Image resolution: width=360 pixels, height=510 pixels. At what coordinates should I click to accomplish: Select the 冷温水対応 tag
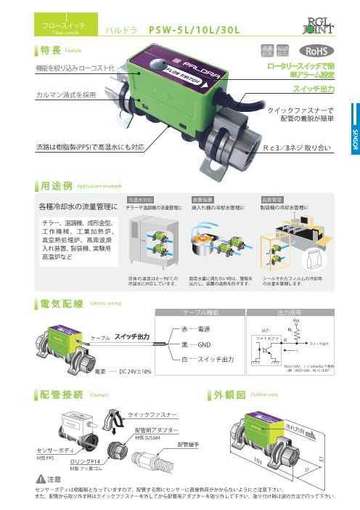tap(139, 198)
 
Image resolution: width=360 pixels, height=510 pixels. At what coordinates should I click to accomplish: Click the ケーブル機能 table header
tap(200, 311)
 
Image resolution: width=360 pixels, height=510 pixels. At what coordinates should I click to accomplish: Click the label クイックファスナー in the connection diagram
tap(153, 413)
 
